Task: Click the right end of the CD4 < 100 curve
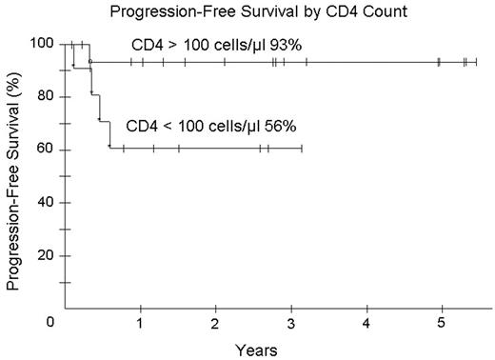coord(303,148)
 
